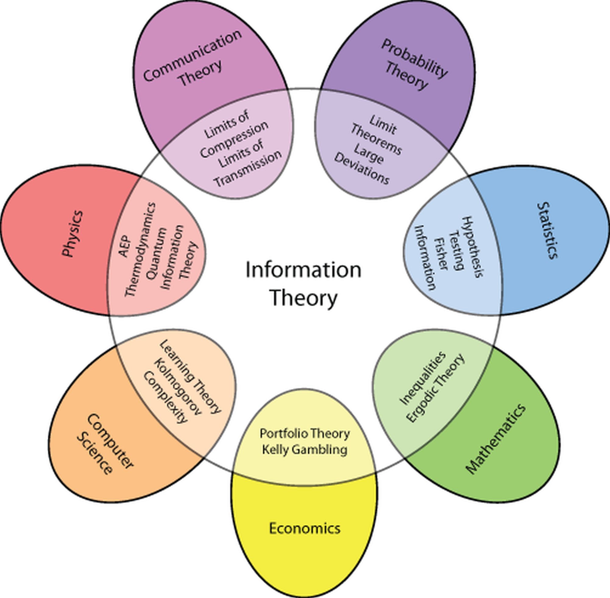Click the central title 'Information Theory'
(303, 283)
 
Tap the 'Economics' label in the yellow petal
(305, 528)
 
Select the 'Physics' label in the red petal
(73, 234)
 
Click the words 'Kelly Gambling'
(305, 450)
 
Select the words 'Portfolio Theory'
(305, 434)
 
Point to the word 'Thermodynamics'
(140, 249)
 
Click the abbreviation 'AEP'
(125, 246)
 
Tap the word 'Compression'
(234, 139)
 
